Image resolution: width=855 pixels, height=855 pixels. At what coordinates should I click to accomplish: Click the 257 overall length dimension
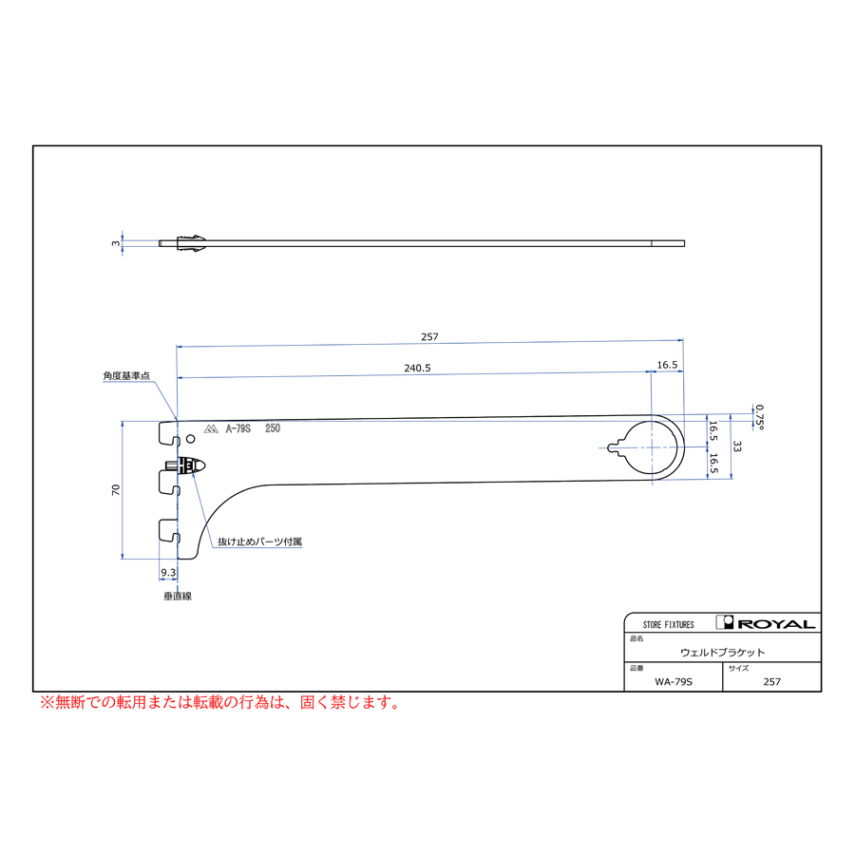[429, 337]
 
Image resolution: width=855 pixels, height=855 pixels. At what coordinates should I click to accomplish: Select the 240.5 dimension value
[417, 368]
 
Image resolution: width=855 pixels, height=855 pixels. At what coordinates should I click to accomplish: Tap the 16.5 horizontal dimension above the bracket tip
[667, 365]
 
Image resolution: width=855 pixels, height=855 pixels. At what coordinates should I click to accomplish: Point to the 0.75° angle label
[760, 417]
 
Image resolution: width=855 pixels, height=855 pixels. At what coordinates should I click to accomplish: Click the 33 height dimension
[737, 446]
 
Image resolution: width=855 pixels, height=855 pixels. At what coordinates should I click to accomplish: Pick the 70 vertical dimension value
[115, 489]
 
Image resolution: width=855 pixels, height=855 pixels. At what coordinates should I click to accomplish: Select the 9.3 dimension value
[168, 573]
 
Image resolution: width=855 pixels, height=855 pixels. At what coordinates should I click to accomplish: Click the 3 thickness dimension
[116, 243]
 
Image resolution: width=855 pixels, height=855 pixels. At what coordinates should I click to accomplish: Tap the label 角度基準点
[126, 375]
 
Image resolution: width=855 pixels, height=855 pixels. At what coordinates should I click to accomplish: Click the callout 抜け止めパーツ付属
[259, 541]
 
